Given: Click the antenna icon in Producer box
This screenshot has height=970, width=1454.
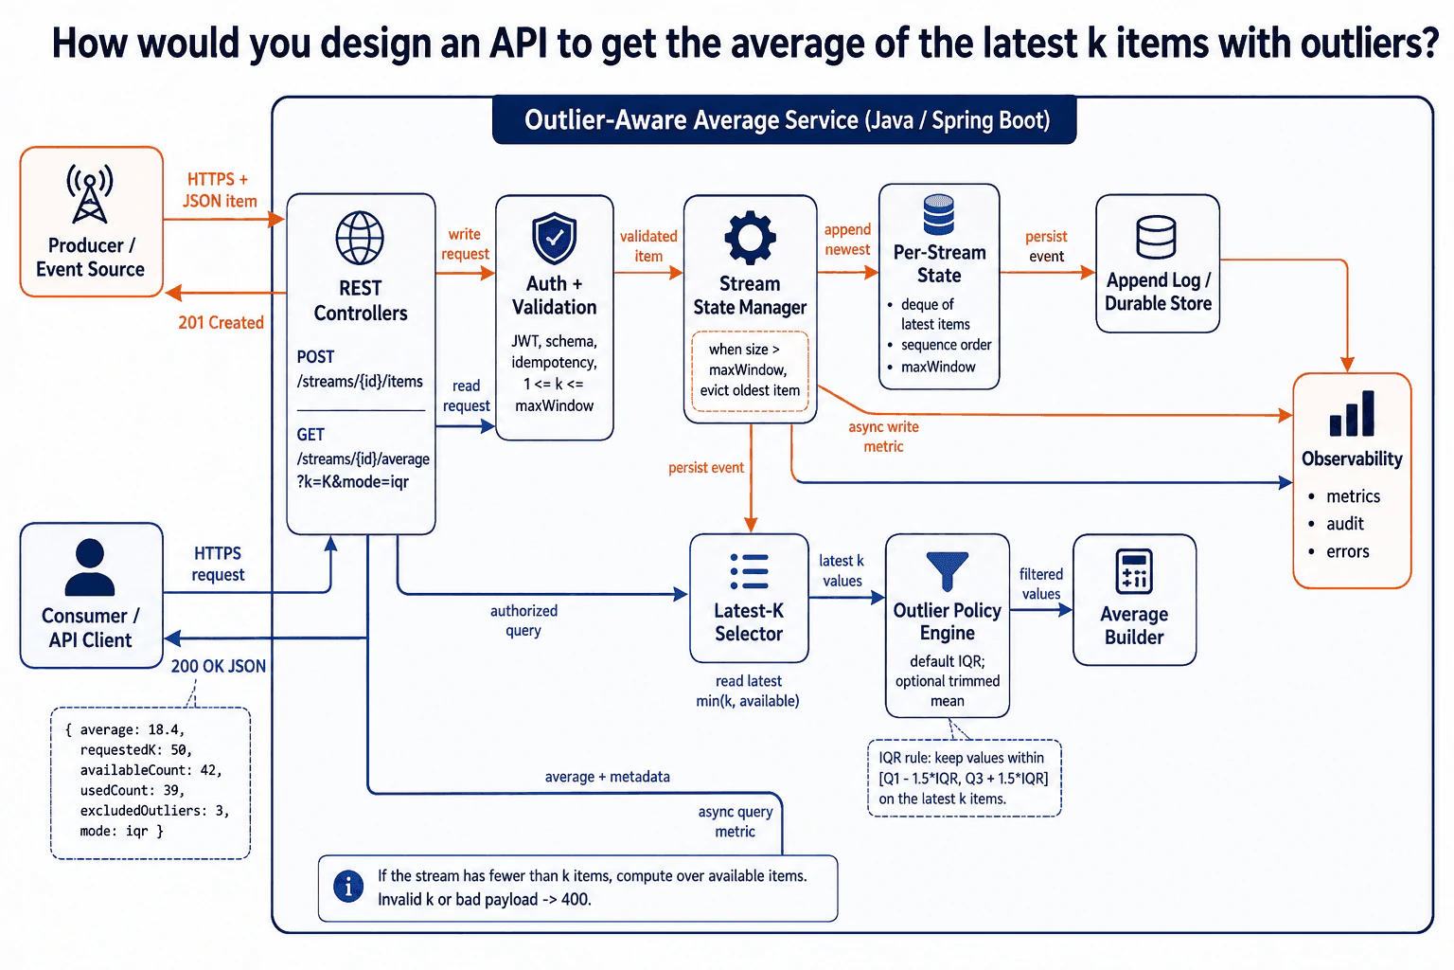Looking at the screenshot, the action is point(90,193).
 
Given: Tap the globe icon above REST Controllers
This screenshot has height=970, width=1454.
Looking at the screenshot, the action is point(360,238).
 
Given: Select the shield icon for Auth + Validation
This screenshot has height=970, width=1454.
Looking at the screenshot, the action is point(554,239).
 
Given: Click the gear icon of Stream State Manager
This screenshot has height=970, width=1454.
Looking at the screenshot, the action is point(750,238).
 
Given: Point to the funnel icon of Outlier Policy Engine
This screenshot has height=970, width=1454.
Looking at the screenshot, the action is point(947,571).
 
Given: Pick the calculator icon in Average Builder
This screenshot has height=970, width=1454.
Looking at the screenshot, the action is point(1134,572).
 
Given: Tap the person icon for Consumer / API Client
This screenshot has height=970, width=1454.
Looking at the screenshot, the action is point(90,567).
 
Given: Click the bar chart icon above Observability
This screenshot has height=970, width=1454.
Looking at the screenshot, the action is point(1352,413).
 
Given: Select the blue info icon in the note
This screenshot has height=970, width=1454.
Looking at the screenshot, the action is point(348,887).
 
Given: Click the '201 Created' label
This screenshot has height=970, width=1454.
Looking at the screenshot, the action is point(221,322).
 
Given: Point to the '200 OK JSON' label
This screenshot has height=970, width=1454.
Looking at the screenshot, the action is point(218,666).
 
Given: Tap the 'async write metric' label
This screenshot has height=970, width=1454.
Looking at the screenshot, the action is point(883,437).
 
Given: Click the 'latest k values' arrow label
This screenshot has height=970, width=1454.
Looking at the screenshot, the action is point(842,570).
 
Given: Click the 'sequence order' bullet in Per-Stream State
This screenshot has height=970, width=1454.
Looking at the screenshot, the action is point(939,345).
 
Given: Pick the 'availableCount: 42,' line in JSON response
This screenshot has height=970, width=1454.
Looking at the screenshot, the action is point(151,770).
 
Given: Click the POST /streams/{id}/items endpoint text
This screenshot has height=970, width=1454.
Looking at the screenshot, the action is point(360,369).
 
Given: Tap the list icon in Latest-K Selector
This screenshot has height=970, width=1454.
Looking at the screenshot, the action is point(749,571).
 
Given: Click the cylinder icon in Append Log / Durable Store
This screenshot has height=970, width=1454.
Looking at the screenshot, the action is point(1156,238).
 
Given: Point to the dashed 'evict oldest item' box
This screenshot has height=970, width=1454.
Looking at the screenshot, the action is point(750,371).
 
